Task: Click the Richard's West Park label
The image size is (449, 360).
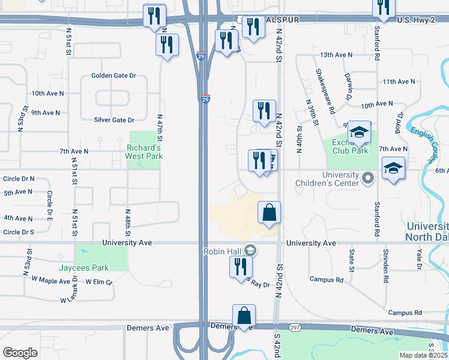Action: [143, 151]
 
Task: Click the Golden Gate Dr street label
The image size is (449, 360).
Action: [113, 76]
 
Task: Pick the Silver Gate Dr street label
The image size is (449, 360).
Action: [113, 119]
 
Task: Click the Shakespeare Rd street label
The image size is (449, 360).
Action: [324, 91]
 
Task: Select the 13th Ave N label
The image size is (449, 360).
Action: [336, 55]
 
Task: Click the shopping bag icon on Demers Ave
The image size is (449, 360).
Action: [244, 316]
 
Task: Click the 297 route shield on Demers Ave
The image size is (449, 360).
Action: [294, 328]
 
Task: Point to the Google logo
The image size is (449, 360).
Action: [20, 352]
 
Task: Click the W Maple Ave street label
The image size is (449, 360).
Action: [51, 280]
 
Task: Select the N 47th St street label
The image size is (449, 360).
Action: [160, 128]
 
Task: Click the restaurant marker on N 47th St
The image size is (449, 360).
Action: [167, 45]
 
